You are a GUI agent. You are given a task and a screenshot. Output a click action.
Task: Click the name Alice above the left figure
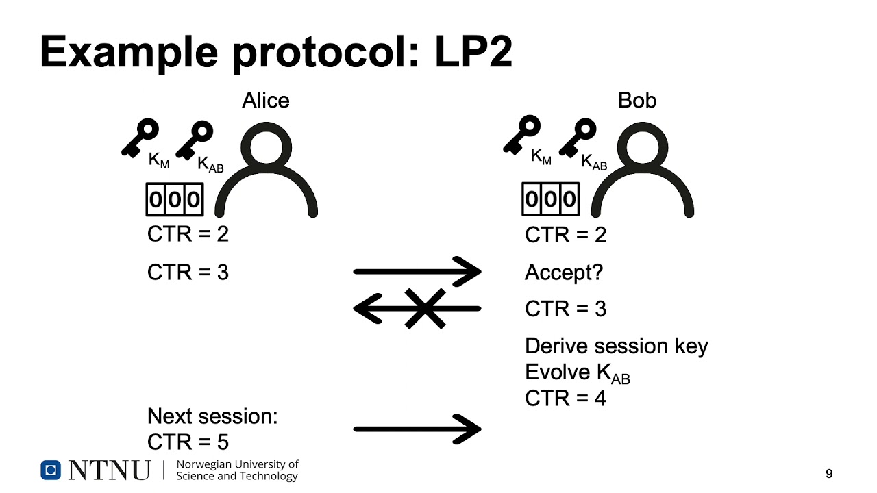[x=266, y=100]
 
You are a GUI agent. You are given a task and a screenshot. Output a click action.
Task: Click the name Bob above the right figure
[x=637, y=100]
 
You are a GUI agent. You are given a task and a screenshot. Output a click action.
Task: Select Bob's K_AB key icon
[x=578, y=138]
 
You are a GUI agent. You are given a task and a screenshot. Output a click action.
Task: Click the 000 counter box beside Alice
[x=175, y=199]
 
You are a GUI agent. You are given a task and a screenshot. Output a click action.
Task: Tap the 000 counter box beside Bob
[x=550, y=199]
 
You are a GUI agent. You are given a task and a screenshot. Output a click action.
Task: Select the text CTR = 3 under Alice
[x=188, y=273]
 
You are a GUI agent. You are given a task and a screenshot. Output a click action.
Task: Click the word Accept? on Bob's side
[x=564, y=273]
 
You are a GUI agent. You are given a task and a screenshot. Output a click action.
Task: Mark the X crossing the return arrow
[x=425, y=309]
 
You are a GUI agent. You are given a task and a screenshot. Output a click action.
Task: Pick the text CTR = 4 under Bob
[x=565, y=399]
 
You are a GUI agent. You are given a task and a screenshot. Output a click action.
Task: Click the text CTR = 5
[x=188, y=442]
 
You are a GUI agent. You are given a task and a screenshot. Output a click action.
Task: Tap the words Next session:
[x=212, y=416]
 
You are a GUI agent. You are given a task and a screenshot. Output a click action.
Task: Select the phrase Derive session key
[x=617, y=346]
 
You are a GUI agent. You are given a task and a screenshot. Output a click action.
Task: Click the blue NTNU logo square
[x=51, y=470]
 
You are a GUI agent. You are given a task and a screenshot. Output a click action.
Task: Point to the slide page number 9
[x=829, y=474]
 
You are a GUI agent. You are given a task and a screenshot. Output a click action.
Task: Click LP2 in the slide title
[x=473, y=52]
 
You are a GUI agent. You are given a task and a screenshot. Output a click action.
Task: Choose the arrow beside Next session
[x=417, y=429]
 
